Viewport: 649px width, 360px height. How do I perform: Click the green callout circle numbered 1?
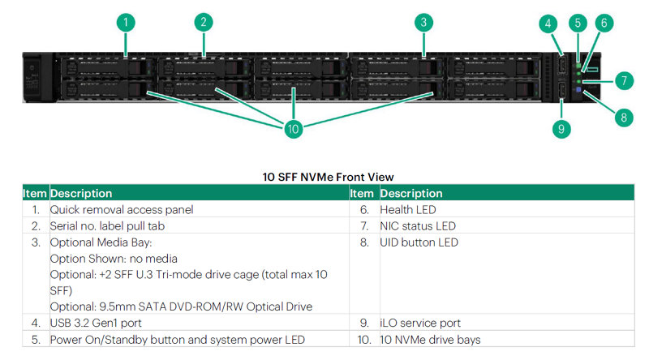[125, 22]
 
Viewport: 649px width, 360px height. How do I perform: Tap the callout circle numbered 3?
[423, 22]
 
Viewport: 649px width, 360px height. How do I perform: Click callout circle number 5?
[578, 23]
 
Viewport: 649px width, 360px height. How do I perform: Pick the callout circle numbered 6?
[603, 23]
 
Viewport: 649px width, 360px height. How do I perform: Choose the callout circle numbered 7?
[623, 80]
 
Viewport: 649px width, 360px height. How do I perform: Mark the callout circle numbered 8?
[623, 117]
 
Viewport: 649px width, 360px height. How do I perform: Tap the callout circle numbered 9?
[563, 128]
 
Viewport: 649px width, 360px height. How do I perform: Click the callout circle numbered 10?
[293, 128]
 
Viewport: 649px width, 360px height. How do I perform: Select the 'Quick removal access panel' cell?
[122, 209]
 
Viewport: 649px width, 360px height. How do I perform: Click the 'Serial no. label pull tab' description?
[114, 225]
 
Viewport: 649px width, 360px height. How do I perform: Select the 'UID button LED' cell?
[419, 242]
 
